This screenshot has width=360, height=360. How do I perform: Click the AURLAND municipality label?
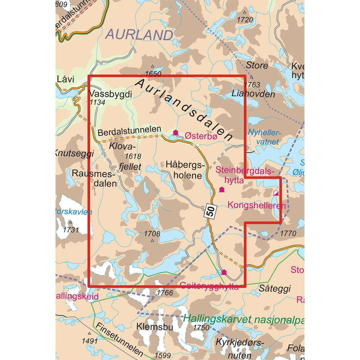(x=139, y=35)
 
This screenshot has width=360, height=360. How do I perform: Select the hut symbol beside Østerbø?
(x=176, y=133)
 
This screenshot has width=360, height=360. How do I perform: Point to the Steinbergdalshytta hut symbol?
(x=222, y=189)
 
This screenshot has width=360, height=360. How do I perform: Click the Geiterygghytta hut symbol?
(x=223, y=272)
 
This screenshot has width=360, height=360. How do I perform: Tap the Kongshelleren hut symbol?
(x=276, y=193)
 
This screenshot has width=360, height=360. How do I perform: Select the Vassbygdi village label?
(x=111, y=94)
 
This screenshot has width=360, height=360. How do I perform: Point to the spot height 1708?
(x=152, y=233)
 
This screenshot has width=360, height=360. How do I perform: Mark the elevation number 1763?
(x=252, y=85)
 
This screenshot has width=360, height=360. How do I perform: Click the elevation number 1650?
(x=153, y=74)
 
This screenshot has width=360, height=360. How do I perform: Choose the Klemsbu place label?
(x=155, y=326)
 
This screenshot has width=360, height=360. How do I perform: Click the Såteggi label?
(x=274, y=289)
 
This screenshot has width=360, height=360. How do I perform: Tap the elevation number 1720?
(x=245, y=20)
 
